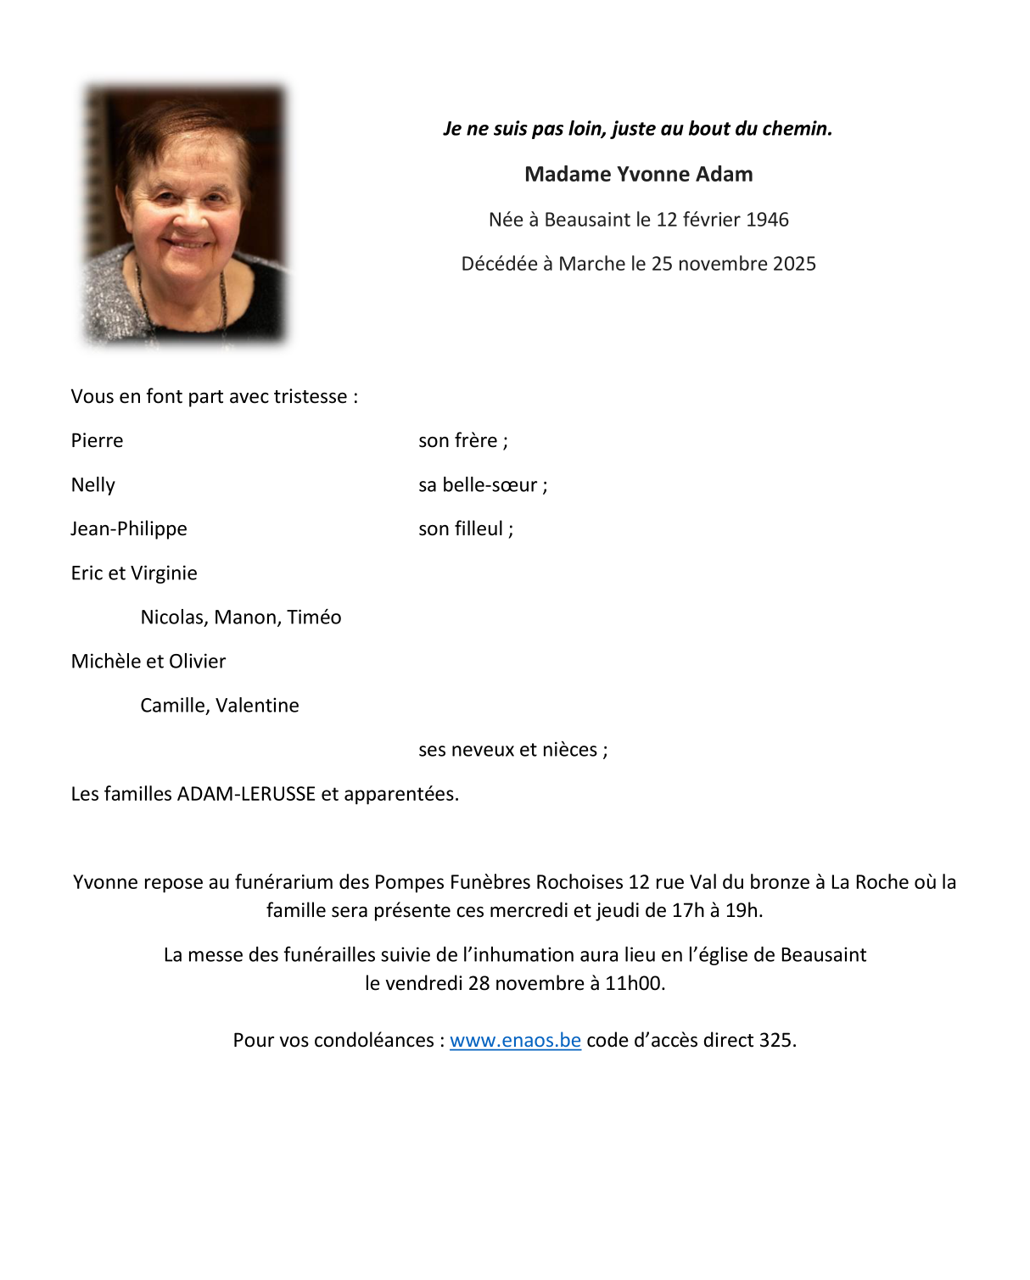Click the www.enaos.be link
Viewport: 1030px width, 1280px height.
click(515, 1040)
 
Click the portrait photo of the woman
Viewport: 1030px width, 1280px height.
click(185, 215)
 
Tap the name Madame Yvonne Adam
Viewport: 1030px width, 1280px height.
click(638, 175)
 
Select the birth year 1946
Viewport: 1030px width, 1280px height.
click(767, 220)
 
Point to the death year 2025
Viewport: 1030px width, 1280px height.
click(794, 264)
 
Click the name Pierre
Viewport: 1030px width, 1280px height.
click(97, 441)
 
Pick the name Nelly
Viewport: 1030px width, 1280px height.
click(92, 485)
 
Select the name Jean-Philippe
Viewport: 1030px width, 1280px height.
click(129, 529)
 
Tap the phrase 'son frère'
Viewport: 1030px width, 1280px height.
click(458, 441)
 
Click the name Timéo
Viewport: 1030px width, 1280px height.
click(314, 618)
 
